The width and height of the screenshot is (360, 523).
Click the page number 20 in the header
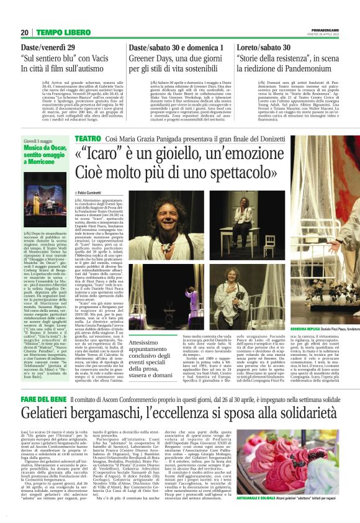pyautogui.click(x=24, y=32)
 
